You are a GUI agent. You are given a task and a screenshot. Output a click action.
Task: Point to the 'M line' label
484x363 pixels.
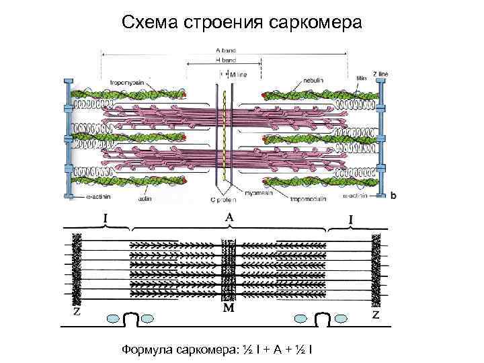point(238,75)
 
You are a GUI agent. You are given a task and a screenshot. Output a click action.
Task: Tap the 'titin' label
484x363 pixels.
point(362,78)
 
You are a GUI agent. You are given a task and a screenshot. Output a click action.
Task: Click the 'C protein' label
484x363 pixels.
point(222,200)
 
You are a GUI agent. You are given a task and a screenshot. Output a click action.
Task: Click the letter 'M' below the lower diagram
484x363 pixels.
point(229,309)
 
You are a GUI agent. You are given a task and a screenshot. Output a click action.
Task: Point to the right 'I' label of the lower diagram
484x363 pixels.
point(351,219)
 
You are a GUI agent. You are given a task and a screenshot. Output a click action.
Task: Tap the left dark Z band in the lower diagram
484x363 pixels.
point(77,268)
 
